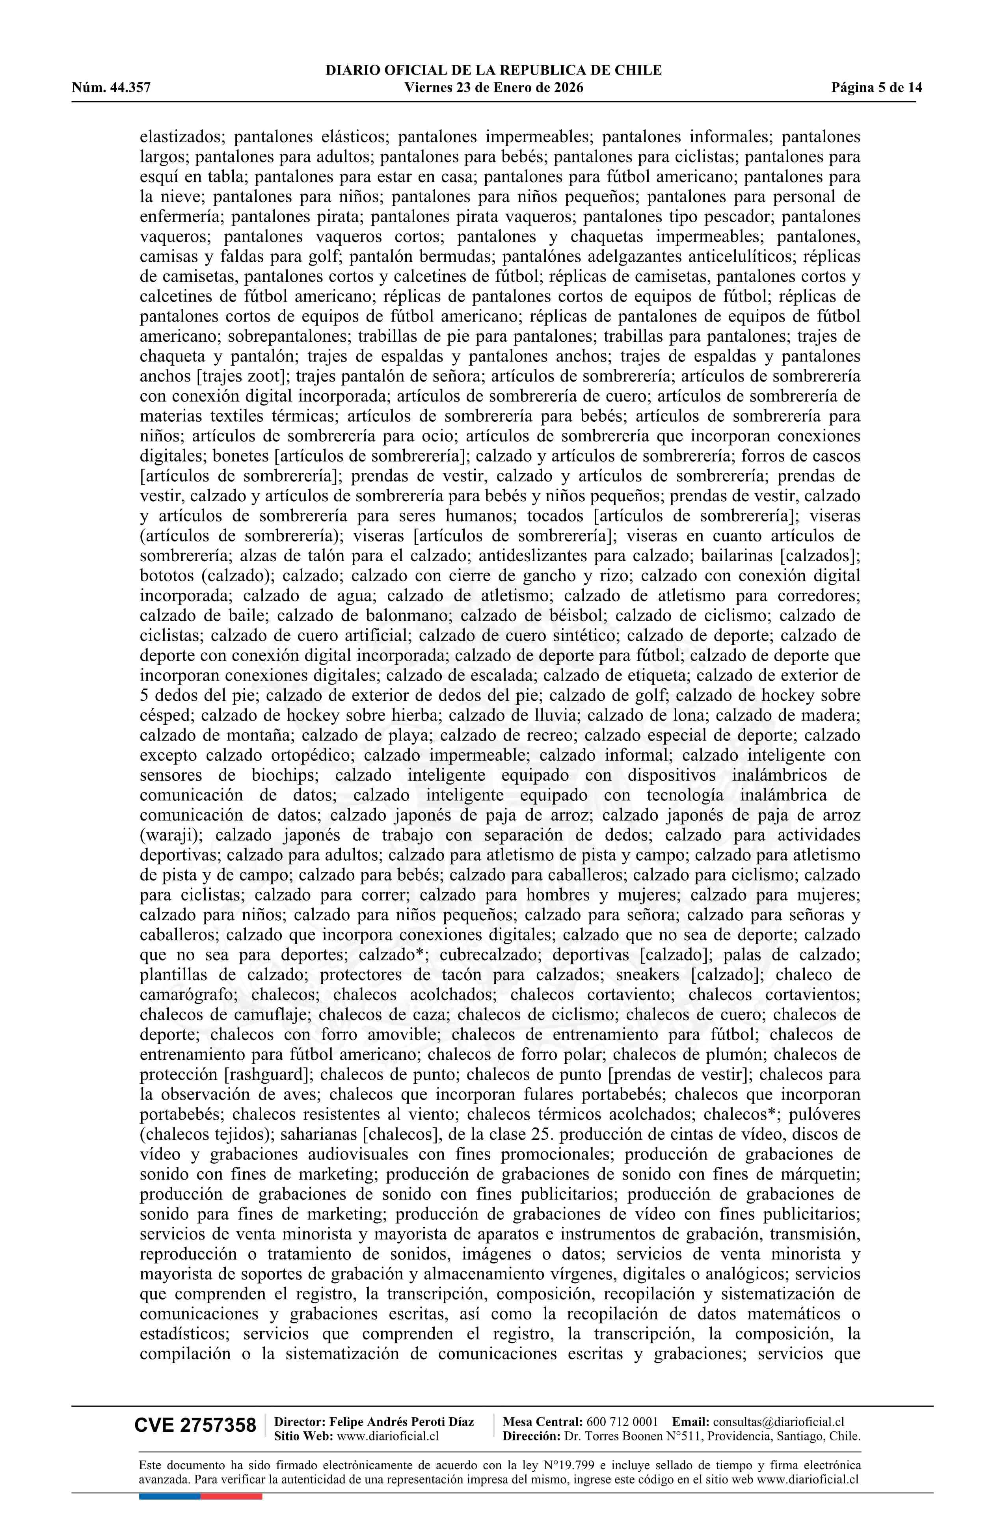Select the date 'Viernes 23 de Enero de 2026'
(x=493, y=88)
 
